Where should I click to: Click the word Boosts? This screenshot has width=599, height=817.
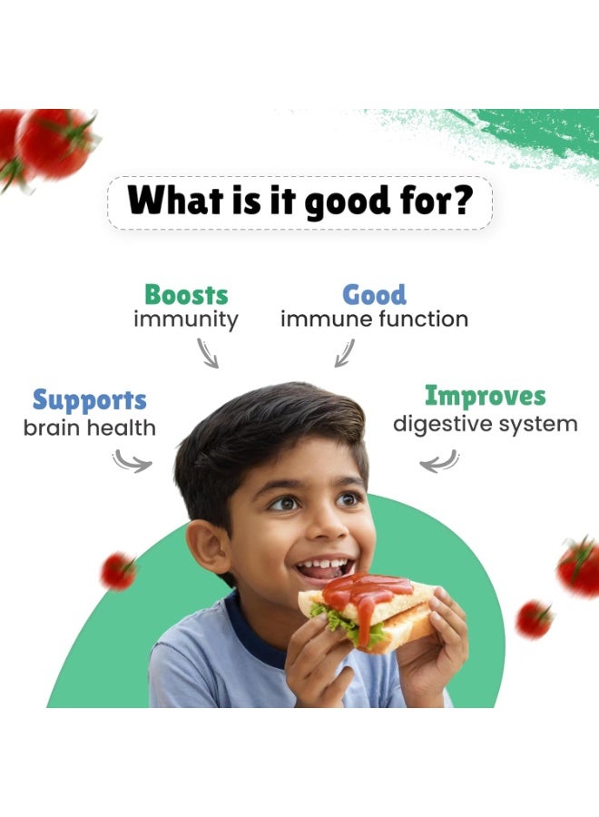tap(186, 294)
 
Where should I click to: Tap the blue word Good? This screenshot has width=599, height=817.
tap(374, 294)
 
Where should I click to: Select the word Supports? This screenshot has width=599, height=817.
tap(90, 400)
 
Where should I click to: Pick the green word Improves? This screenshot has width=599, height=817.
tap(486, 396)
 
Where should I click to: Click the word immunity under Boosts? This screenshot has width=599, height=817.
tap(186, 320)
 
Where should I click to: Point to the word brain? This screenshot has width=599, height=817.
tap(52, 428)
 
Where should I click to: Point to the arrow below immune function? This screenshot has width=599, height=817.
tap(345, 353)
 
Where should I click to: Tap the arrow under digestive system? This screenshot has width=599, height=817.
tap(439, 462)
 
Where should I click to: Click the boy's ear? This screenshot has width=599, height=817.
tap(207, 546)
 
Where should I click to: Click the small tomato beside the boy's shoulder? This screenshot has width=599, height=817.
tap(118, 571)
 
